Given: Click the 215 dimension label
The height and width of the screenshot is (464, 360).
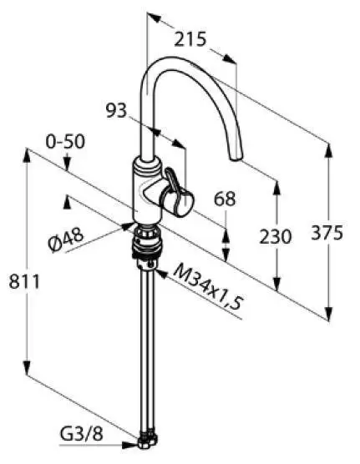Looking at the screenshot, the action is [x=190, y=39].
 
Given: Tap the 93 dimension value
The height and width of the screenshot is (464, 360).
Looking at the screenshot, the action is [x=116, y=110].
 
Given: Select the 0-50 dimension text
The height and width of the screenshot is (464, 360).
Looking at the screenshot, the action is [x=65, y=141].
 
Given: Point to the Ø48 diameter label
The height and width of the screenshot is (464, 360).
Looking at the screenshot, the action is [x=66, y=240].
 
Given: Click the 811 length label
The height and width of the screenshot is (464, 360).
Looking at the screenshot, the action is [x=24, y=281].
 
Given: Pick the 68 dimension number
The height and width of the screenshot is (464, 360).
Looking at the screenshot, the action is [x=225, y=199].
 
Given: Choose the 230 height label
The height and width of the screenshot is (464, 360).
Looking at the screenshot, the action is [x=276, y=237].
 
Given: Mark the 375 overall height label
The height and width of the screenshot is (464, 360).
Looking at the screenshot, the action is [x=327, y=233].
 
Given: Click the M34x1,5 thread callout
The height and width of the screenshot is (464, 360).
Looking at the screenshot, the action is [x=208, y=287].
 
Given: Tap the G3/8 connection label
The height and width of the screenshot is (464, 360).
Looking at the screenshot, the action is [x=82, y=434].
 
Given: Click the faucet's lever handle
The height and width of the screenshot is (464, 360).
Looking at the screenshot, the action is [x=178, y=192].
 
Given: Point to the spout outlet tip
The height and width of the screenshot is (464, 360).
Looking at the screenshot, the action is [x=236, y=158].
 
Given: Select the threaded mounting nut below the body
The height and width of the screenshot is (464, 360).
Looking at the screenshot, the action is [x=147, y=240].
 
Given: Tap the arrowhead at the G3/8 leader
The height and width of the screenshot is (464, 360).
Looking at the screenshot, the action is [x=130, y=445].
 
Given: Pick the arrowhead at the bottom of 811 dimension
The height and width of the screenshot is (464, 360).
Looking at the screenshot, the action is [x=27, y=367].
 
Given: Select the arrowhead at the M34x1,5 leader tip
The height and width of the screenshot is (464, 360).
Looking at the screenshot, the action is [x=160, y=274].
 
